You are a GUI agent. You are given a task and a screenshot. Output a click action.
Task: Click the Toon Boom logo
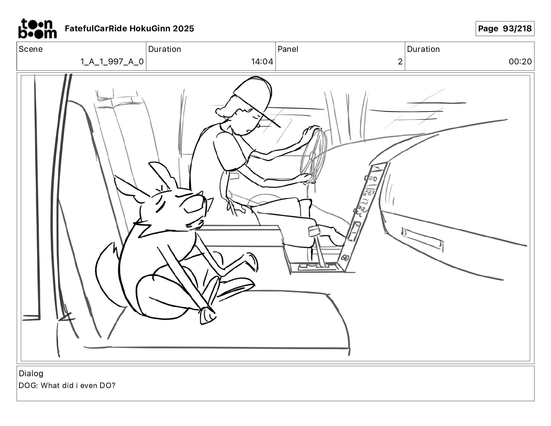[x=37, y=29]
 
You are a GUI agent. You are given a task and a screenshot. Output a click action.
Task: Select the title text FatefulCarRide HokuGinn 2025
[x=129, y=29]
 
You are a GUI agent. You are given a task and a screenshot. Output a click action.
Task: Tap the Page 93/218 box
[x=504, y=29]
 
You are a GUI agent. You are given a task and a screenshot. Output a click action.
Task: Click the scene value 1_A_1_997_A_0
[x=112, y=62]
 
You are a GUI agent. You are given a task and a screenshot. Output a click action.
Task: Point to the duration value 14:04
[x=262, y=62]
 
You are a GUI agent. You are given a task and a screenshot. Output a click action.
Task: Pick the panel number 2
[x=400, y=62]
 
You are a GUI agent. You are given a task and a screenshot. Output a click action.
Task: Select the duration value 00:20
[x=520, y=62]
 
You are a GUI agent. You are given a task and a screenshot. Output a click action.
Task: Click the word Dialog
[x=31, y=373]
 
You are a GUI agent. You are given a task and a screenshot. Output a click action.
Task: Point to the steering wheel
[x=314, y=155]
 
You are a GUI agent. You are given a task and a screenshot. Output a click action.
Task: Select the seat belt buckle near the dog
[x=207, y=315]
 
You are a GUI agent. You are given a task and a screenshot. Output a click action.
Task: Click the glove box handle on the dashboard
[x=422, y=239]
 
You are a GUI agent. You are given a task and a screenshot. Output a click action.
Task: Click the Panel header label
[x=288, y=49]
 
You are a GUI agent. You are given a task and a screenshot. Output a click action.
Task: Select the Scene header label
[x=31, y=49]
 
